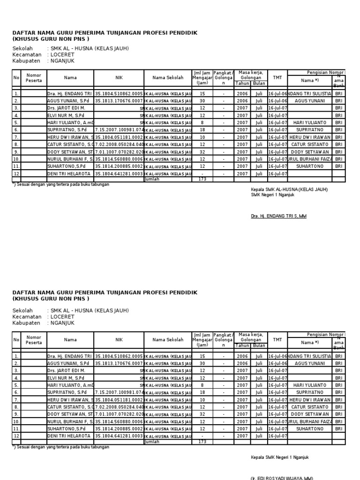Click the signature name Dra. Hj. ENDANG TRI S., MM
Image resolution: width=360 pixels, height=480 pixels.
[x=279, y=216]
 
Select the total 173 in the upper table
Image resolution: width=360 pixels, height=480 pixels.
[x=202, y=179]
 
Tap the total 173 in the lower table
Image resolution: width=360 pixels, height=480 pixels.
[x=202, y=442]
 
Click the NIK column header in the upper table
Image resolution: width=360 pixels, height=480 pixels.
[x=119, y=78]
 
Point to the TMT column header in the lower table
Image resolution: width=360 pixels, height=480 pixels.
[x=277, y=340]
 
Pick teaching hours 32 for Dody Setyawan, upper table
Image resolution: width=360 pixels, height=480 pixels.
[x=202, y=152]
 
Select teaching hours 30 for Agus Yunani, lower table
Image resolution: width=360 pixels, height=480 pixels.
[x=202, y=363]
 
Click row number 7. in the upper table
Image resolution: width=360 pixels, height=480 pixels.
[x=16, y=137]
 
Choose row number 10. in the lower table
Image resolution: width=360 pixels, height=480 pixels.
[x=16, y=421]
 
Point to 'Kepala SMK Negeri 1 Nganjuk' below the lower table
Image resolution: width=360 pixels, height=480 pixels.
[x=280, y=457]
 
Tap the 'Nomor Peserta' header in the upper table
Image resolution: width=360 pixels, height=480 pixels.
[x=34, y=78]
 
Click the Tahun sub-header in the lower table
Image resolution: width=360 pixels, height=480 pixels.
[x=242, y=345]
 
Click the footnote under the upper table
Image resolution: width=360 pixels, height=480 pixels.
[x=61, y=185]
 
